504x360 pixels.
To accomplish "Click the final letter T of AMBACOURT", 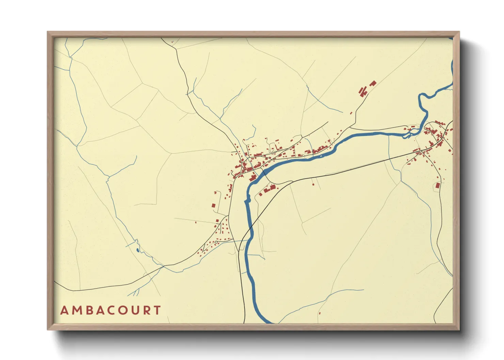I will (157, 310).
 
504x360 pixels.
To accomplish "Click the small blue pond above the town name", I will (137, 250).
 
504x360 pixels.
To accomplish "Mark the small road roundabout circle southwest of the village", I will (216, 242).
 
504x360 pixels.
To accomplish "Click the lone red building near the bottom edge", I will (319, 313).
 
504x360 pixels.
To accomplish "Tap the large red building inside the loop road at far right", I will (438, 185).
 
